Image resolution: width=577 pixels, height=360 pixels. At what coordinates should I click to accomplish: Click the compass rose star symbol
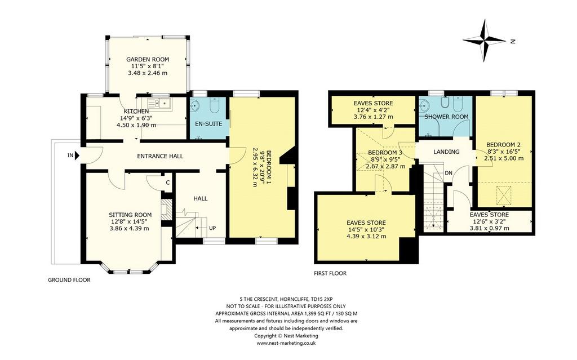(x=484, y=40)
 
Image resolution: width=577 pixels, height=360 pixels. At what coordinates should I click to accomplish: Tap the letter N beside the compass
(x=513, y=42)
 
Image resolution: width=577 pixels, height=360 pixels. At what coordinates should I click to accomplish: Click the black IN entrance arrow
(x=77, y=155)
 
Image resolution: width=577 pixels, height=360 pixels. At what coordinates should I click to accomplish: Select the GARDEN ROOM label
(x=148, y=59)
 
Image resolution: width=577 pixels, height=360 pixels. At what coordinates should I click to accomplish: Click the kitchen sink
(x=159, y=104)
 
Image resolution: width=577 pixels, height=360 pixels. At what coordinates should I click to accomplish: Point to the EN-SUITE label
(x=208, y=124)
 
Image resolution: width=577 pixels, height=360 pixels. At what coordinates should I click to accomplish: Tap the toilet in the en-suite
(x=214, y=106)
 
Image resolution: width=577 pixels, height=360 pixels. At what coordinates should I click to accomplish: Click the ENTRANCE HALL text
(x=160, y=156)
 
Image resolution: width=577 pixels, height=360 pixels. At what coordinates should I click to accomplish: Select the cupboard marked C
(x=167, y=183)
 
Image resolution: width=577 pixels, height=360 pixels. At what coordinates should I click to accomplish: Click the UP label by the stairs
(x=212, y=228)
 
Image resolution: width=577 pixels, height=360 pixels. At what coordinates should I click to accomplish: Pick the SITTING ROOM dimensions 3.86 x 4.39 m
(x=130, y=229)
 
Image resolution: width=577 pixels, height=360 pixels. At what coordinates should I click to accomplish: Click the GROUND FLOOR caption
(x=69, y=280)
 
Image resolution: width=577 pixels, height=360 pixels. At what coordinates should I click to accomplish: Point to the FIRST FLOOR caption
(x=330, y=273)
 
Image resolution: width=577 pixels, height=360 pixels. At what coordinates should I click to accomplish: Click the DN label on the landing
(x=449, y=173)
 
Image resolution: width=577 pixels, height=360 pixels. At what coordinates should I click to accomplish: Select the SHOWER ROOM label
(x=446, y=117)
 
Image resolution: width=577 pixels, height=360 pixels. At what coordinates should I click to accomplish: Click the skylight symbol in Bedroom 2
(x=504, y=195)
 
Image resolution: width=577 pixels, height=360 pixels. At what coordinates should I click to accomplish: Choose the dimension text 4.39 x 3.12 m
(x=366, y=236)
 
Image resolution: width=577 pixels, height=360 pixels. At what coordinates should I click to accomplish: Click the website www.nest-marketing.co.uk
(x=286, y=343)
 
